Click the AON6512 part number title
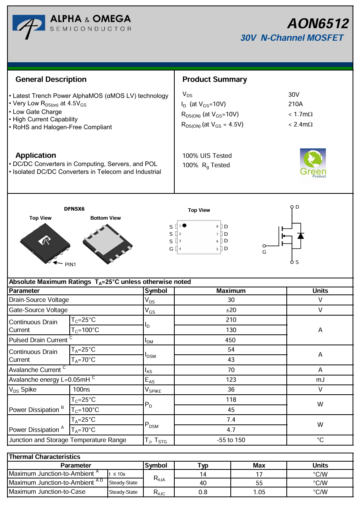318,24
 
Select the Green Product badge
313,163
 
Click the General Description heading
51,79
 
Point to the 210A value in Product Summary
295,104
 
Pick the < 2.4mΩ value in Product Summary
300,125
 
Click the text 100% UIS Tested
207,156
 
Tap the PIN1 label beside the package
70,264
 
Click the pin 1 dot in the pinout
185,226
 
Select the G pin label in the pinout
171,249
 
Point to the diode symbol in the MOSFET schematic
300,235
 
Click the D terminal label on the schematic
297,207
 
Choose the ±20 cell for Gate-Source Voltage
231,310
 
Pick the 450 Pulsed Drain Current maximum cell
231,340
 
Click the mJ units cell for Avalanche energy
320,379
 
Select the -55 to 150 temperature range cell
231,440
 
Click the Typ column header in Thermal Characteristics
203,466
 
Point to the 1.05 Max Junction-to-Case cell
259,492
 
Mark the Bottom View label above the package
106,218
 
